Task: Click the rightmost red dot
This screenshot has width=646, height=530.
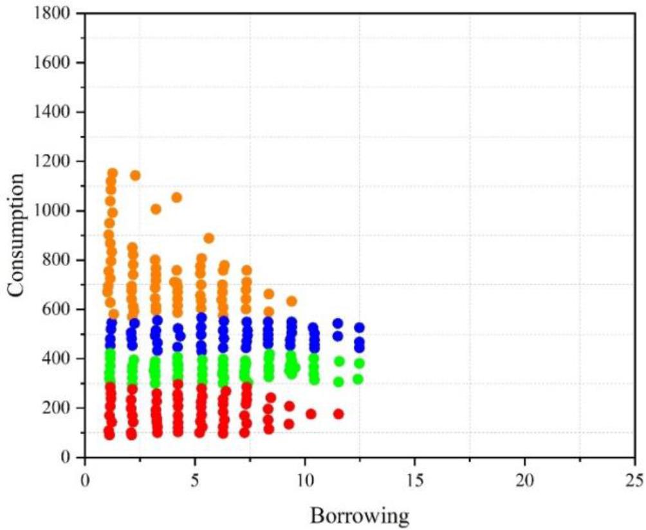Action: pyautogui.click(x=338, y=413)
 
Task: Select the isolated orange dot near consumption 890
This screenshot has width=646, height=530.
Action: pyautogui.click(x=208, y=238)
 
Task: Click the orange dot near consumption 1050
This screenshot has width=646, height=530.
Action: pyautogui.click(x=176, y=198)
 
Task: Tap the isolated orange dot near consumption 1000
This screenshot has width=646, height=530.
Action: pyautogui.click(x=156, y=209)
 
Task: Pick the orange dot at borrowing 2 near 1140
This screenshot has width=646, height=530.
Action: pyautogui.click(x=135, y=175)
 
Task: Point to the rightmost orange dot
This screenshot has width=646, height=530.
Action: pyautogui.click(x=291, y=301)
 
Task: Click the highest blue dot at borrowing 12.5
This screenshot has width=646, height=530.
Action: pyautogui.click(x=359, y=328)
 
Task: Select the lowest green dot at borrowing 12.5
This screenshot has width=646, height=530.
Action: pyautogui.click(x=358, y=379)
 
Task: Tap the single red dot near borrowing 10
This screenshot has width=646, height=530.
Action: pyautogui.click(x=311, y=413)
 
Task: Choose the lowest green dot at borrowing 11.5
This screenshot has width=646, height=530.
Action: pyautogui.click(x=338, y=382)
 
